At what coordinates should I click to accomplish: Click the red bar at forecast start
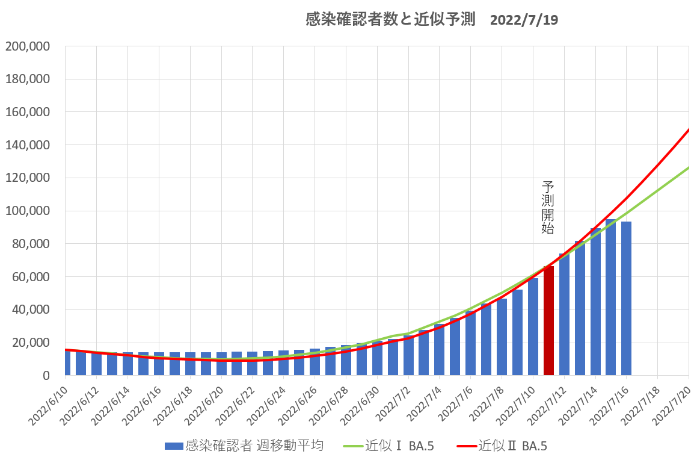pos(548,320)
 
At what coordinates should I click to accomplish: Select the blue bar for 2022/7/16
pos(626,299)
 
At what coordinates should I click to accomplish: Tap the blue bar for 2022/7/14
pos(595,301)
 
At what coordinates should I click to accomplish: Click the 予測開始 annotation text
pos(548,208)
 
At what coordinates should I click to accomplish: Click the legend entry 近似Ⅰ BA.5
pos(399,446)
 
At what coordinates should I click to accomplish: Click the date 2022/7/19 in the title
pos(524,20)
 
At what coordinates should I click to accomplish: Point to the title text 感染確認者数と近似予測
pos(390,20)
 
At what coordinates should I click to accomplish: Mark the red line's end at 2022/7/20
pos(688,129)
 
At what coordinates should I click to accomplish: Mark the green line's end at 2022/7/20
pos(688,167)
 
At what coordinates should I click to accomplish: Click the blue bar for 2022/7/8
pos(502,337)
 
